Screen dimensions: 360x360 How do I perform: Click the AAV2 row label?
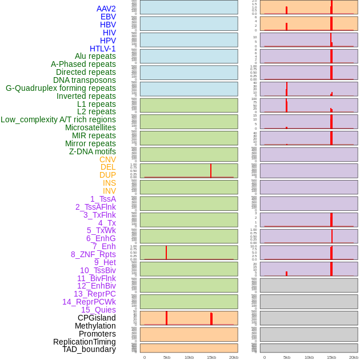106,9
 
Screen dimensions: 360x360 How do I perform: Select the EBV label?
108,17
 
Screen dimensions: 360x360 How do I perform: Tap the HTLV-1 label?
102,49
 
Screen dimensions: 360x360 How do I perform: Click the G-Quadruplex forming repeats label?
61,88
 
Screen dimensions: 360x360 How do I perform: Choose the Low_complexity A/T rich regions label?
58,119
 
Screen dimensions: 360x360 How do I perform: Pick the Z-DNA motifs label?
92,151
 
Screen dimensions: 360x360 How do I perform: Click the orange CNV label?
107,159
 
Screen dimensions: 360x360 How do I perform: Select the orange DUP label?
107,175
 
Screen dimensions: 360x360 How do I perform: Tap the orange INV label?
109,191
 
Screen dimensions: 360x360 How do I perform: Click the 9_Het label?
105,262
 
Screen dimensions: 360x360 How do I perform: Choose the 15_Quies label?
98,310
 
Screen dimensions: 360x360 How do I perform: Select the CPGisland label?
97,318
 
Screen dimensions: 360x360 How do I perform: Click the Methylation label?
95,326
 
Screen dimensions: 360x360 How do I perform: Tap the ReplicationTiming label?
85,342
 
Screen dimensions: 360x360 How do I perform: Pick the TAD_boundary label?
89,349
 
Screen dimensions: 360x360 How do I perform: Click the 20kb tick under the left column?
234,357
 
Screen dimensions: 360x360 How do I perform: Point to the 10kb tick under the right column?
309,357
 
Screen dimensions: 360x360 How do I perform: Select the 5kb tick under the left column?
167,357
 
